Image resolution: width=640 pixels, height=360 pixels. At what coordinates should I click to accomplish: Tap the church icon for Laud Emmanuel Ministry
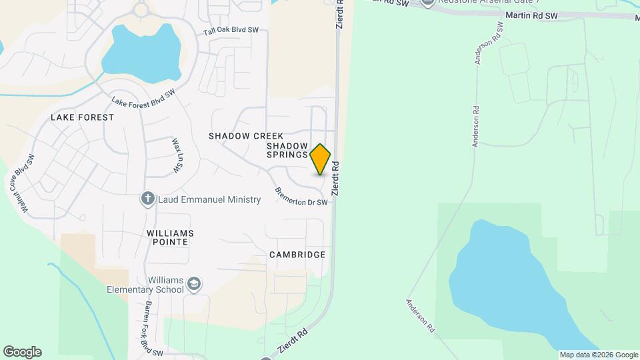(148, 198)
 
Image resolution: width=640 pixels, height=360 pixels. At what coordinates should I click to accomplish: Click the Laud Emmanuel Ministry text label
(209, 199)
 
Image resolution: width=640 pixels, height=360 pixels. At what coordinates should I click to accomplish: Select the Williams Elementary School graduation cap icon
(194, 284)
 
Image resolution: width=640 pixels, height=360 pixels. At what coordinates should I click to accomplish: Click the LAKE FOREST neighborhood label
(83, 117)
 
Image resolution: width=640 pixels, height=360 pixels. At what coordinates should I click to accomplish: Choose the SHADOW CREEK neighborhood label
(246, 136)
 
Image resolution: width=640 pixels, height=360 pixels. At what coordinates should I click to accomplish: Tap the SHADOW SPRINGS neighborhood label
(287, 150)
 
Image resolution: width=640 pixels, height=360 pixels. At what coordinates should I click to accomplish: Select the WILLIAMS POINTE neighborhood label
(171, 237)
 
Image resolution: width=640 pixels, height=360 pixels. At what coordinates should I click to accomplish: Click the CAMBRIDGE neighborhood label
(297, 255)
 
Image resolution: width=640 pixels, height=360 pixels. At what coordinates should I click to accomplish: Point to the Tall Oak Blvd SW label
(231, 31)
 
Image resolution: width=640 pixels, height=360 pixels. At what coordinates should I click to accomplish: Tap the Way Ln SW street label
(177, 156)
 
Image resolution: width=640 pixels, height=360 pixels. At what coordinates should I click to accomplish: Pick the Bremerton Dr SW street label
(302, 197)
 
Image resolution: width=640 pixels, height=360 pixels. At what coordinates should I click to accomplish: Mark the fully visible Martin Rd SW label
(531, 15)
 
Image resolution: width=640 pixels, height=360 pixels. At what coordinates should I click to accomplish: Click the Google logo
(22, 352)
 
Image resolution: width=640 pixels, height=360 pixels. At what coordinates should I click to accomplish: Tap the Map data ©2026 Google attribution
(599, 355)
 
